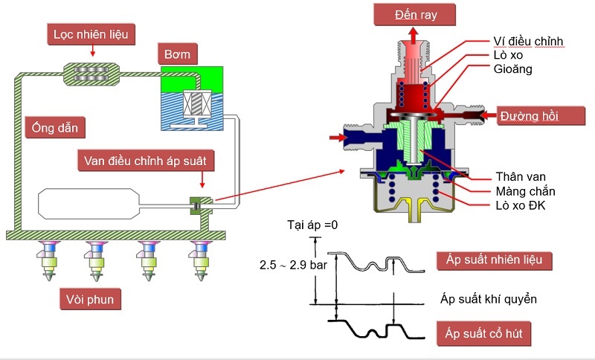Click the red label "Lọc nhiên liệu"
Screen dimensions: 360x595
pyautogui.click(x=91, y=33)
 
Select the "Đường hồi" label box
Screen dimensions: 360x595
pyautogui.click(x=530, y=117)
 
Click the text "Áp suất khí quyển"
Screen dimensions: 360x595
pyautogui.click(x=486, y=300)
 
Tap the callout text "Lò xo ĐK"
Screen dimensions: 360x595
pyautogui.click(x=521, y=205)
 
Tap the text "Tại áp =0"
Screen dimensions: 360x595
pyautogui.click(x=312, y=224)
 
